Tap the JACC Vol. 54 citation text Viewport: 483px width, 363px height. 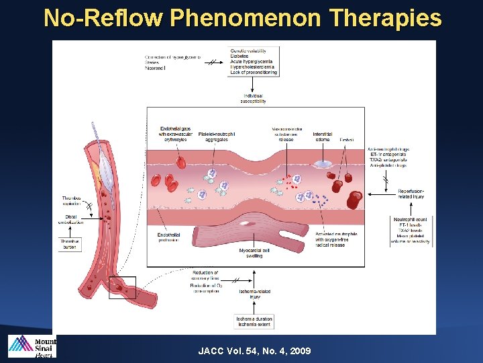[254, 351]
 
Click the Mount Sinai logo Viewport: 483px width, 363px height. [32, 346]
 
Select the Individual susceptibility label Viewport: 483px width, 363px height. [253, 99]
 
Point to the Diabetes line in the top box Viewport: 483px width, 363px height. [239, 56]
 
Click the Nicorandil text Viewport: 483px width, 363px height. [156, 67]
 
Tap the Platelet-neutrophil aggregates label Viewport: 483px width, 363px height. [217, 136]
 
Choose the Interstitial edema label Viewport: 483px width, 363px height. [322, 136]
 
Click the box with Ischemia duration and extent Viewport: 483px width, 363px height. [254, 321]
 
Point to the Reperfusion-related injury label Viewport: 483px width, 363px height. [411, 194]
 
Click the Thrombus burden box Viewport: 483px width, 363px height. [70, 243]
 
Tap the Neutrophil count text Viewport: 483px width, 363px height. [411, 220]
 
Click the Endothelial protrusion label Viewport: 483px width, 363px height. [168, 237]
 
